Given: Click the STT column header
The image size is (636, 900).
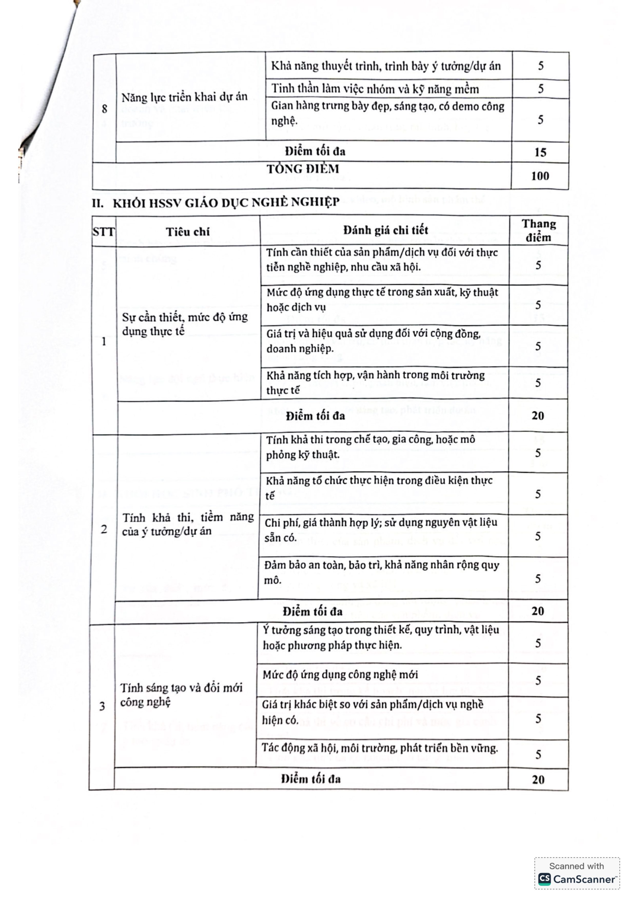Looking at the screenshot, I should point(103,232).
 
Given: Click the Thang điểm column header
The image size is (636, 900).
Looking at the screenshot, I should point(539,230).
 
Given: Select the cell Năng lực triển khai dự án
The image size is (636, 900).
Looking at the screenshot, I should point(184,97).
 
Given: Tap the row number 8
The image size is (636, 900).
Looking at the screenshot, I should point(104,109).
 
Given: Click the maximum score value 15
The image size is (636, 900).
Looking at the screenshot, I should point(540,152).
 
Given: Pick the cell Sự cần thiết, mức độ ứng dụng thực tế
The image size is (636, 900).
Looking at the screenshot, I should point(184,324).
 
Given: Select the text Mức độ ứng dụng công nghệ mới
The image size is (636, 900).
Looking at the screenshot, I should point(340,674).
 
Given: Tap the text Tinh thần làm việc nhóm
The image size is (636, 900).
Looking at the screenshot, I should point(375,89).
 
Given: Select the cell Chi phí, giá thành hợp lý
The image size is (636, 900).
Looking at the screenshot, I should point(380,530).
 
